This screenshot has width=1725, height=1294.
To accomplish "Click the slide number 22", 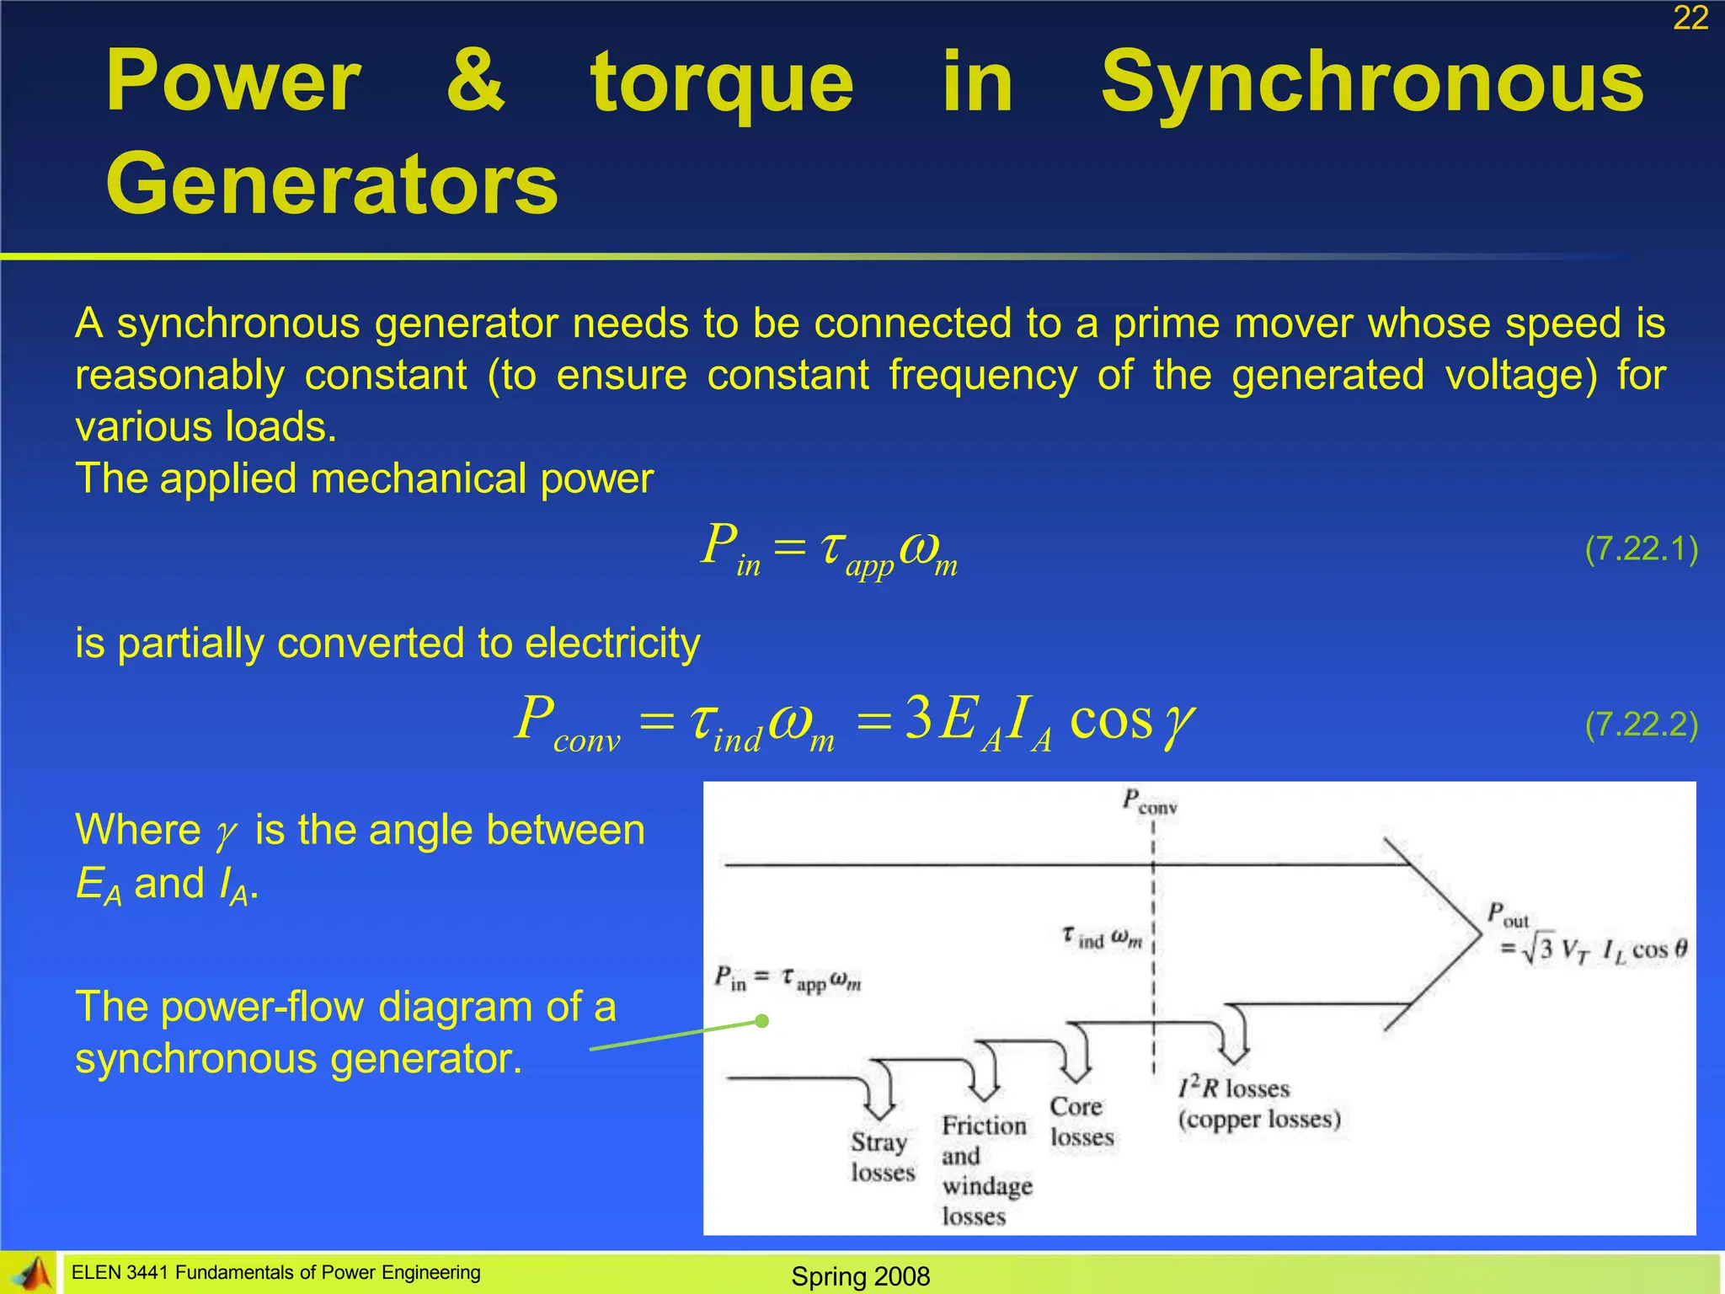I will coord(1690,19).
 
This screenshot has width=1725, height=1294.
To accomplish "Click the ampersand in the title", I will coord(476,82).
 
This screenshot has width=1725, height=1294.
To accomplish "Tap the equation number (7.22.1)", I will coord(1641,549).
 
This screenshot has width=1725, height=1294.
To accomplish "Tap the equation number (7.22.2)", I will coord(1641,725).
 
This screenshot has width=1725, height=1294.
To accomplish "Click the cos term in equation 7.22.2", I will coord(1110,721).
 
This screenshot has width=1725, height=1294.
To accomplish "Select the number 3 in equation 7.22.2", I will coord(918,719).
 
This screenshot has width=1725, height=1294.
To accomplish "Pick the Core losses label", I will coord(1081,1121).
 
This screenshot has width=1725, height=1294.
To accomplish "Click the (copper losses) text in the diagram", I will coord(1259,1120).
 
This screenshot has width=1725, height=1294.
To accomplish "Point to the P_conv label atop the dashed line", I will coord(1149,801).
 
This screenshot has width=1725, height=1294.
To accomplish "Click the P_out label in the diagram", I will coord(1507,915).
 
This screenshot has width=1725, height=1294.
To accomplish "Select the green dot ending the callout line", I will coord(762,1021).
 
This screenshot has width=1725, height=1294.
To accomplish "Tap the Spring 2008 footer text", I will coord(860,1276).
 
